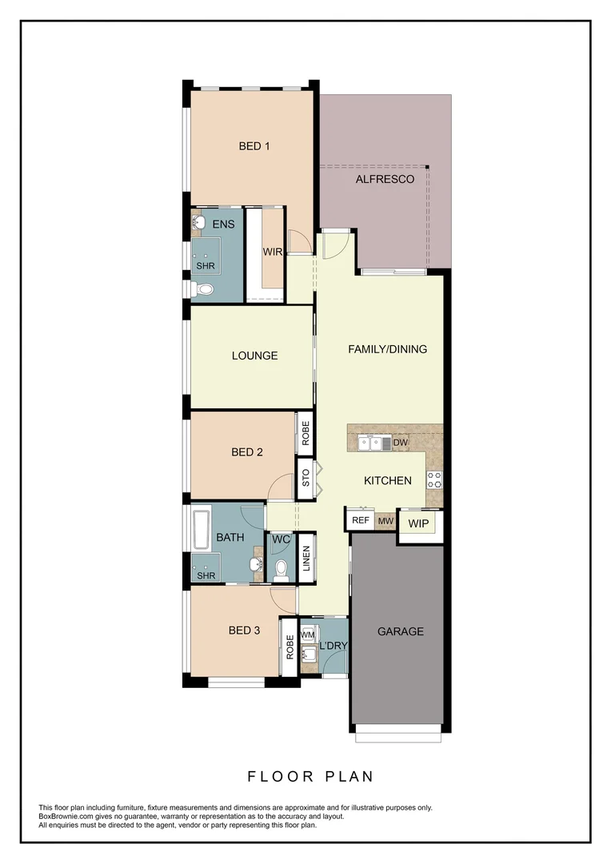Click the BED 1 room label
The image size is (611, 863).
pos(254,146)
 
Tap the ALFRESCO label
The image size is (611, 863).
pos(385,179)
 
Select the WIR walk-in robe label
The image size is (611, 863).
pos(273,251)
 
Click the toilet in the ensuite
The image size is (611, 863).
pos(203,289)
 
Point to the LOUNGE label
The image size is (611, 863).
pos(254,356)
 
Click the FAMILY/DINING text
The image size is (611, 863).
pos(387,349)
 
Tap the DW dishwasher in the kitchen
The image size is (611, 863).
pos(401,442)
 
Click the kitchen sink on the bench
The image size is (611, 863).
pos(369,442)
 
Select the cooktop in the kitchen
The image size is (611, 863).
pos(434,479)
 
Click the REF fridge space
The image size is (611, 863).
pos(361,521)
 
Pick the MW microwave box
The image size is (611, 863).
pos(385,521)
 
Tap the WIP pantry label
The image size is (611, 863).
pos(418,524)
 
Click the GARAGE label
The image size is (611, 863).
pos(400,631)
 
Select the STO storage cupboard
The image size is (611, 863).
pos(305,479)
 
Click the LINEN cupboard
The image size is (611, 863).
pos(305,557)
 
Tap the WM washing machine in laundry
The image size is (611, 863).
pos(307,635)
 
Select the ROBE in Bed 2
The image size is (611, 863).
pos(305,432)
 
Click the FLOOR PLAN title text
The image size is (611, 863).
pos(310,776)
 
